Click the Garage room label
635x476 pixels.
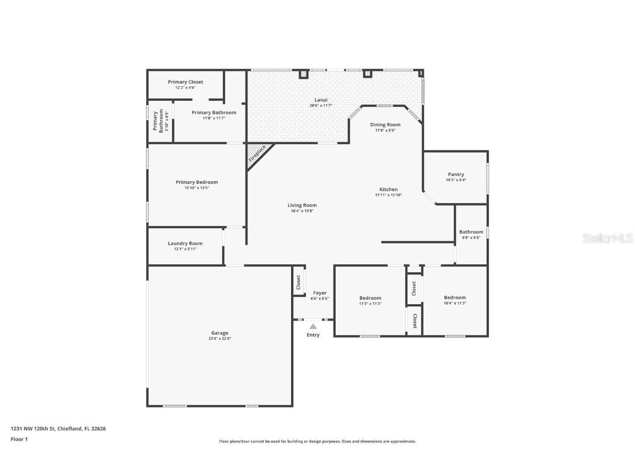coord(219,333)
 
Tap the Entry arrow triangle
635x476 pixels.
coord(313,327)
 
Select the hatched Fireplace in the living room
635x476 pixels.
coord(256,154)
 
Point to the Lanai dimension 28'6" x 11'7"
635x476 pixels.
coord(321,105)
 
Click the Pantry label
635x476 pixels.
coord(456,174)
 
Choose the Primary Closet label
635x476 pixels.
coord(185,82)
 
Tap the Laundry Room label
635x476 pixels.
coord(185,243)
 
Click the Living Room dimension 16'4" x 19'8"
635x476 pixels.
coord(302,211)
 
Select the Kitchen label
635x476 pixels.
coord(389,189)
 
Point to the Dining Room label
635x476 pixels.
coord(385,125)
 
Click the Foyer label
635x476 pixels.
coord(320,293)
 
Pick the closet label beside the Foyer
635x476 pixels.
coord(298,283)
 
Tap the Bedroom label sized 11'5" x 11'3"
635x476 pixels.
coord(370,298)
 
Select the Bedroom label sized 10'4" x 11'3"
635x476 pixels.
coord(455,297)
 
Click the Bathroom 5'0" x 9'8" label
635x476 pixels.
coord(471,232)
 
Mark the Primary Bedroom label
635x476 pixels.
coord(197,182)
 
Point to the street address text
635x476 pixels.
coord(58,428)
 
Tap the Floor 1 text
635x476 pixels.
coord(19,439)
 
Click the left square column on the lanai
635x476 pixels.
coord(303,74)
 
